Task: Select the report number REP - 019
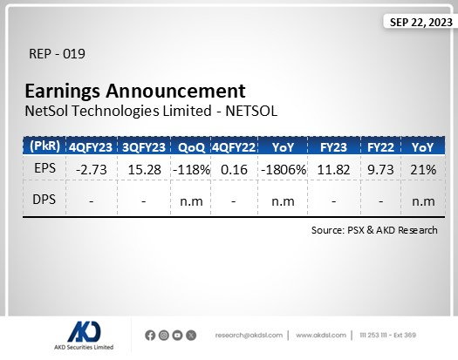(57, 54)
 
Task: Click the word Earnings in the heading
(66, 91)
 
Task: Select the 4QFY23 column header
(92, 146)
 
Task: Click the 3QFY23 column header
(143, 146)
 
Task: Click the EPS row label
(44, 168)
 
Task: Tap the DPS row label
(44, 201)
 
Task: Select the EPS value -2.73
(92, 168)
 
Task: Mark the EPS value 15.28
(143, 168)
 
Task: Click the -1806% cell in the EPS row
(282, 168)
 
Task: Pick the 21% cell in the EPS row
(423, 168)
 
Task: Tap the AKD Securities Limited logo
(90, 335)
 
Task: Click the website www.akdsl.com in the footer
(323, 335)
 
